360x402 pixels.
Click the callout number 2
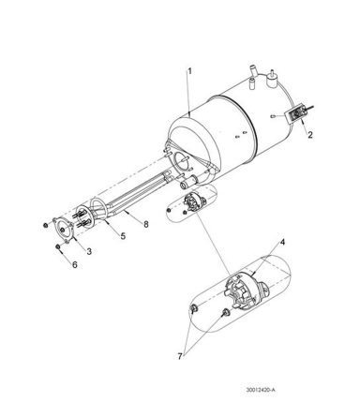click(x=312, y=134)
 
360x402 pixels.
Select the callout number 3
click(x=89, y=252)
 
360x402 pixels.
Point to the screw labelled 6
click(x=58, y=246)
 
